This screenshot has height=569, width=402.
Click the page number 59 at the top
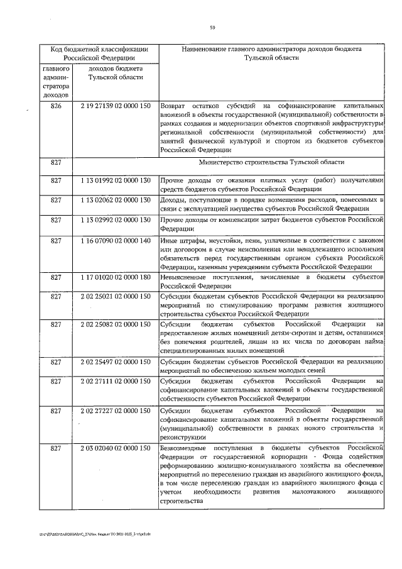pyautogui.click(x=213, y=26)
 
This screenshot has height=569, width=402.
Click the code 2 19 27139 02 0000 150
pyautogui.click(x=116, y=106)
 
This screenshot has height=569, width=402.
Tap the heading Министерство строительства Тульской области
pyautogui.click(x=271, y=163)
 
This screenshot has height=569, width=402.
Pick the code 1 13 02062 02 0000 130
pyautogui.click(x=116, y=199)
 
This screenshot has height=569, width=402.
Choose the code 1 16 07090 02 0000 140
pyautogui.click(x=116, y=240)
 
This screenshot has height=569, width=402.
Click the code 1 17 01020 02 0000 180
pyautogui.click(x=116, y=277)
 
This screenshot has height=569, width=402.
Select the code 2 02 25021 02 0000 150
pyautogui.click(x=116, y=296)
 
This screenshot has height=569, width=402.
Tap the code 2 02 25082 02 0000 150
pyautogui.click(x=116, y=324)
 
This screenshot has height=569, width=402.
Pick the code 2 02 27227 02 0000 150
pyautogui.click(x=116, y=411)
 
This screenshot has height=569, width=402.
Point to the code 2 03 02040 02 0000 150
pyautogui.click(x=116, y=448)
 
